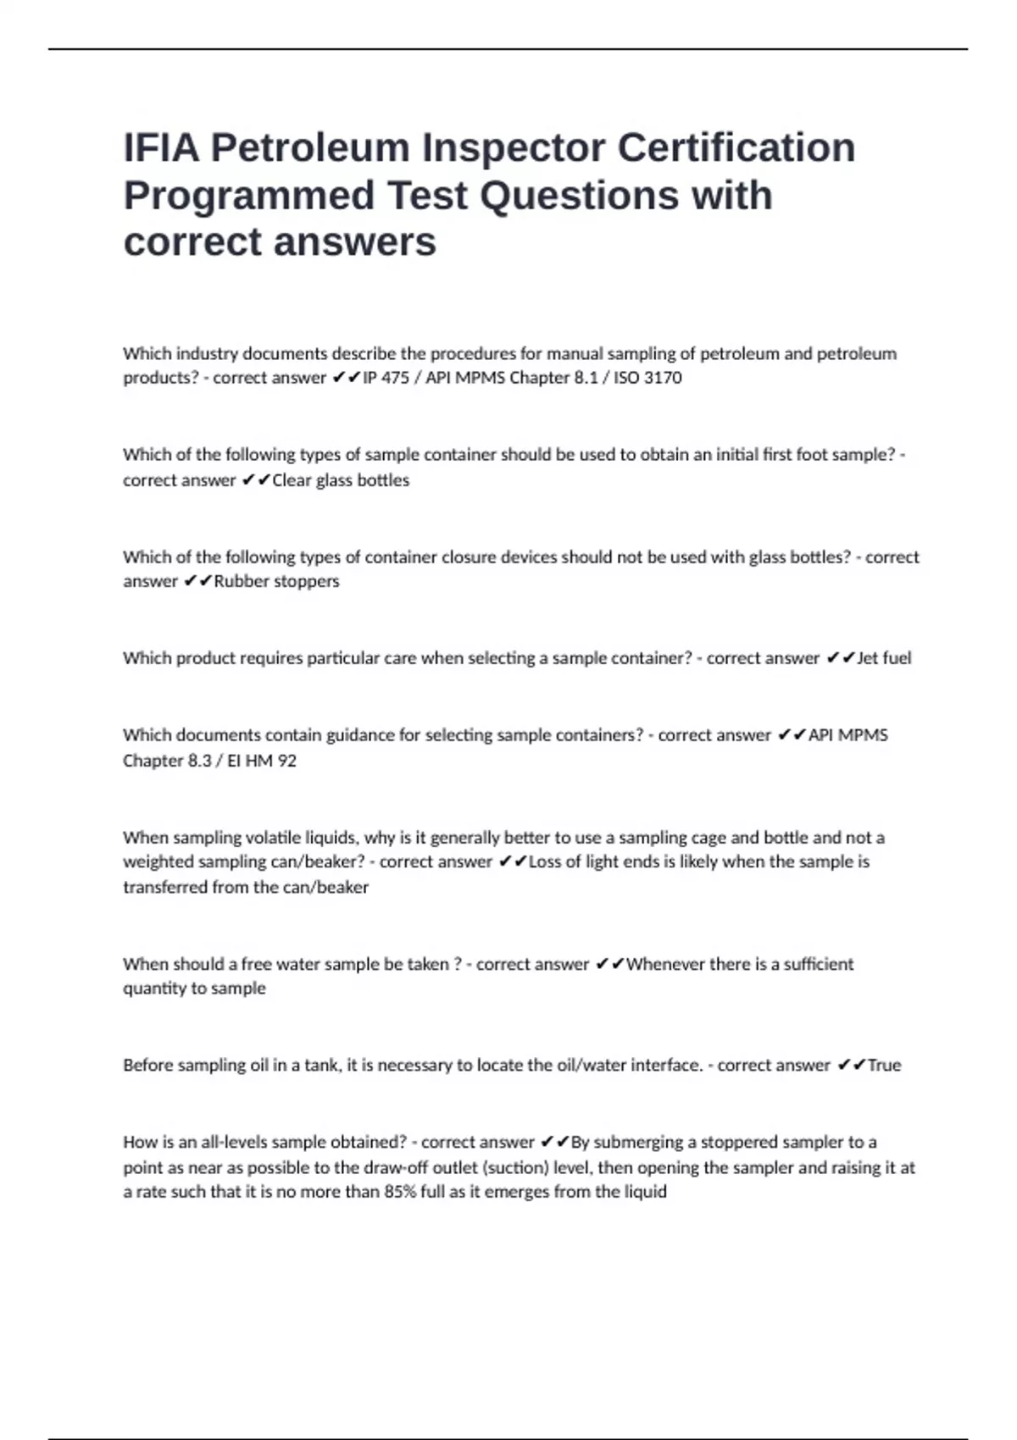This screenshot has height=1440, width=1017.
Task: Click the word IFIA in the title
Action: click(x=161, y=147)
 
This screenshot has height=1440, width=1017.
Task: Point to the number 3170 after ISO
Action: click(x=662, y=378)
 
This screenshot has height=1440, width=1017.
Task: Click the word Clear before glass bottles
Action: click(x=292, y=480)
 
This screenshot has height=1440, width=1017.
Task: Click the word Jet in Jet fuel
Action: click(x=868, y=658)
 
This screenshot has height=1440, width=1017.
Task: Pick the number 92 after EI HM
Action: click(x=286, y=761)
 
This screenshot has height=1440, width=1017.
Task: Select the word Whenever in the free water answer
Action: click(x=664, y=964)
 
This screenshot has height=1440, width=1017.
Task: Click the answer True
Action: click(x=884, y=1066)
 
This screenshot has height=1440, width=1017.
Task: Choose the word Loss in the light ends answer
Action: click(x=545, y=862)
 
